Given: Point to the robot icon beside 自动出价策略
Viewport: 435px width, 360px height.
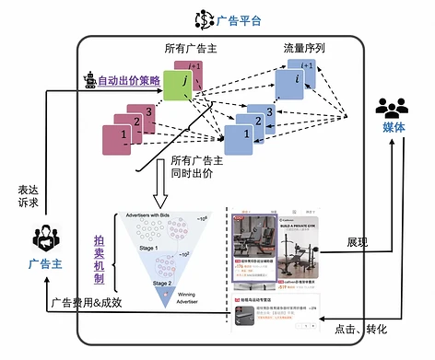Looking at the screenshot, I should point(89,80).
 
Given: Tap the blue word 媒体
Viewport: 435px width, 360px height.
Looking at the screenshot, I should point(395,129).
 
